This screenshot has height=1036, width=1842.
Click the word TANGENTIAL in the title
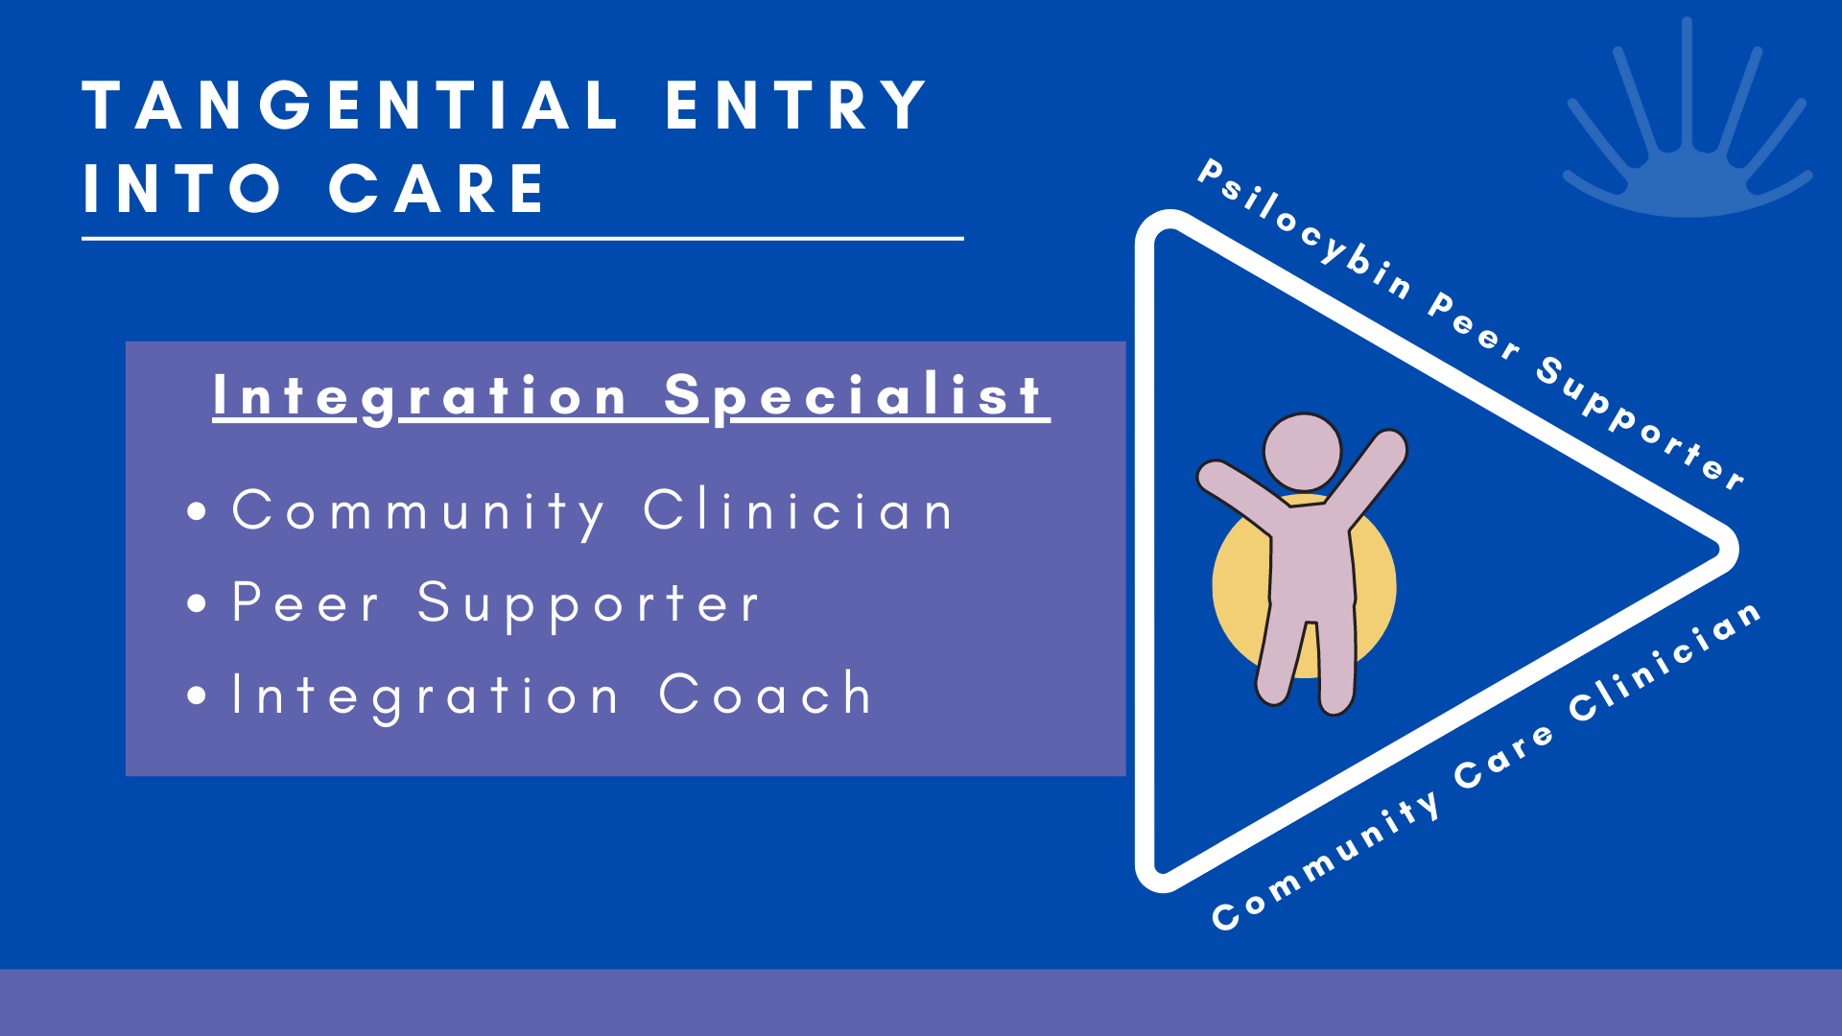tap(351, 106)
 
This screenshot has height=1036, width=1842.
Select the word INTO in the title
tap(182, 189)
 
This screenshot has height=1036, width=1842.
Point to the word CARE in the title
tap(437, 189)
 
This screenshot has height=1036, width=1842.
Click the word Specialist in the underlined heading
tap(854, 395)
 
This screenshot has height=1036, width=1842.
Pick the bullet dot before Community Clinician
tap(198, 511)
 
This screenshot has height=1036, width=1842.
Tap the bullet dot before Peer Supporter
tap(198, 603)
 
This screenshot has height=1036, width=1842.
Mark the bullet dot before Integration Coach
tap(198, 695)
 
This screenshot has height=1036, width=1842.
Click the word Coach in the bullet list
tap(766, 695)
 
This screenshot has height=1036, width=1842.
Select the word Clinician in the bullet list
tap(798, 510)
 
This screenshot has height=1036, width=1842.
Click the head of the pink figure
tap(1302, 452)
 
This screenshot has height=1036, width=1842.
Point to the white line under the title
tap(523, 238)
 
